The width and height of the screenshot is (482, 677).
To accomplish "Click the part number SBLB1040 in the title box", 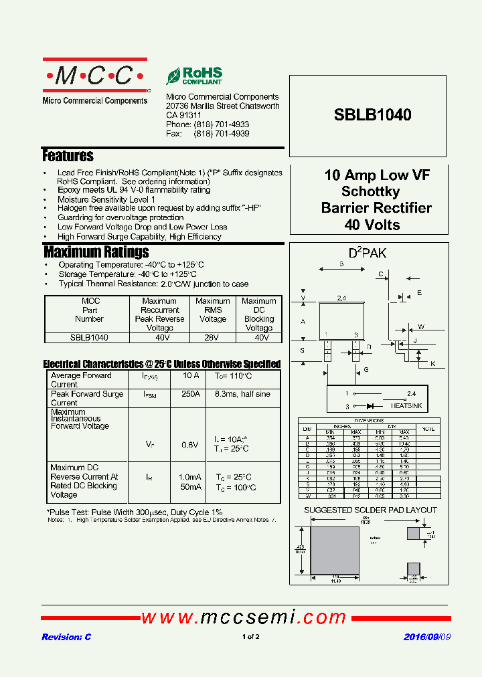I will coord(372,115).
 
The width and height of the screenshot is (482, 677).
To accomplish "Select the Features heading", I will coord(68,156).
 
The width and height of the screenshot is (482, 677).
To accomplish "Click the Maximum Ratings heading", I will coord(96,252).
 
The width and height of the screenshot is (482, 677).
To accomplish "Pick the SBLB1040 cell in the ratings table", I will coord(89,338).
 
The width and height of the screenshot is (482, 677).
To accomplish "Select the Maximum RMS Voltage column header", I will coord(212,310).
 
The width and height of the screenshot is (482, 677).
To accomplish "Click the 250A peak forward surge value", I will coord(190,394).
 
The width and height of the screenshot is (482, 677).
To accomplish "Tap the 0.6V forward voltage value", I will coord(190,445).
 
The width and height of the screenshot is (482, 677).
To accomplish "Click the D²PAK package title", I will coord(367,254).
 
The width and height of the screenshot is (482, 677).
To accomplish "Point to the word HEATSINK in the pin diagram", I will coord(406,406).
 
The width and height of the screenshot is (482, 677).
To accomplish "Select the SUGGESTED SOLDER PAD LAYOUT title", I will coord(370,510).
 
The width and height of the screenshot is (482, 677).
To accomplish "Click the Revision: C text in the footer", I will coord(66,637).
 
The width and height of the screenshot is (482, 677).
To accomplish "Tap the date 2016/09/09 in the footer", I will coord(426,637).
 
